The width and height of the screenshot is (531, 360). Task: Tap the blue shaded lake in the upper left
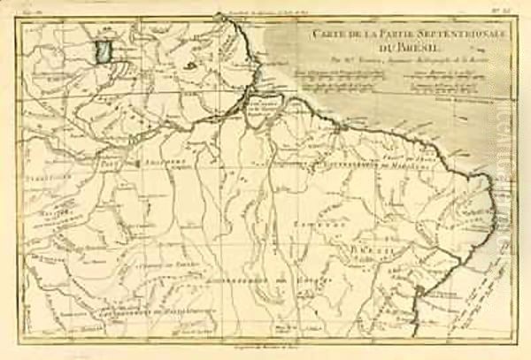tap(105, 49)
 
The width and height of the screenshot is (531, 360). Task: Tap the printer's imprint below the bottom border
tap(265, 352)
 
